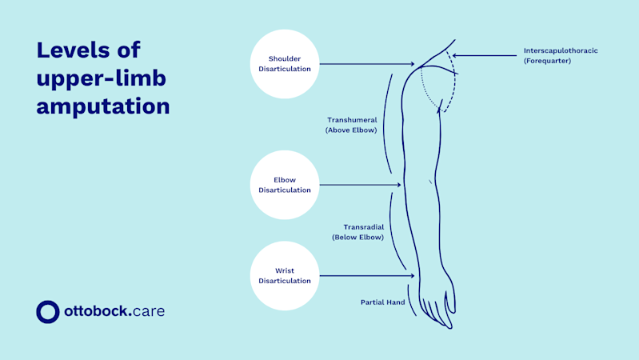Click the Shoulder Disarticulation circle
point(286,64)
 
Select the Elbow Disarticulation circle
point(286,186)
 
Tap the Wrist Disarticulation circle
point(286,276)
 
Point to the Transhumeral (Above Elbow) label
point(351,125)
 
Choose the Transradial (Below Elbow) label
point(357,231)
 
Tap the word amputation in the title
point(103,105)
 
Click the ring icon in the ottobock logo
point(48,311)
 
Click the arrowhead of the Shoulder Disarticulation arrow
point(413,65)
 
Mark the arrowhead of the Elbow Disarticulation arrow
point(398,186)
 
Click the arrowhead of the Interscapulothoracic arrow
point(455,55)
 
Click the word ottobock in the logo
point(96,310)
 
